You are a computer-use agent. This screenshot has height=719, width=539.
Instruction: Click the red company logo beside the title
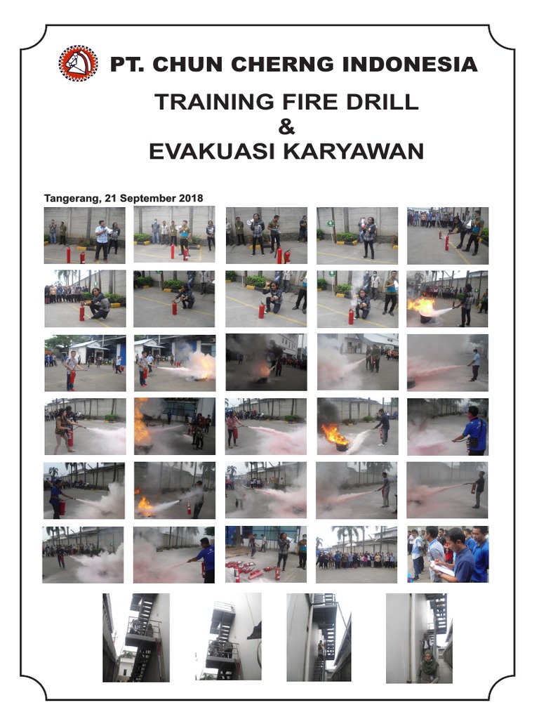pyautogui.click(x=78, y=64)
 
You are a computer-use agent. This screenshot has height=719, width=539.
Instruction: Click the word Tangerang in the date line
pyautogui.click(x=71, y=198)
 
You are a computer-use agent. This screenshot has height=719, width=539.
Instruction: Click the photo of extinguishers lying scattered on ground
pyautogui.click(x=266, y=555)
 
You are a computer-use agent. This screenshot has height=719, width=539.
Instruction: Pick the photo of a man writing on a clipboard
pyautogui.click(x=448, y=555)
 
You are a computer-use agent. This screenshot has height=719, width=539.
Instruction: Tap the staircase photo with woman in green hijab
pyautogui.click(x=419, y=638)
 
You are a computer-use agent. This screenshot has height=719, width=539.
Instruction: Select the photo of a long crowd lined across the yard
pyautogui.click(x=357, y=555)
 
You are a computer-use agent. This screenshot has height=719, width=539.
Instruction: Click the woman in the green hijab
pyautogui.click(x=428, y=666)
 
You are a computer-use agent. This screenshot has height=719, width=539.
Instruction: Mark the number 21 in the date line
pyautogui.click(x=109, y=198)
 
